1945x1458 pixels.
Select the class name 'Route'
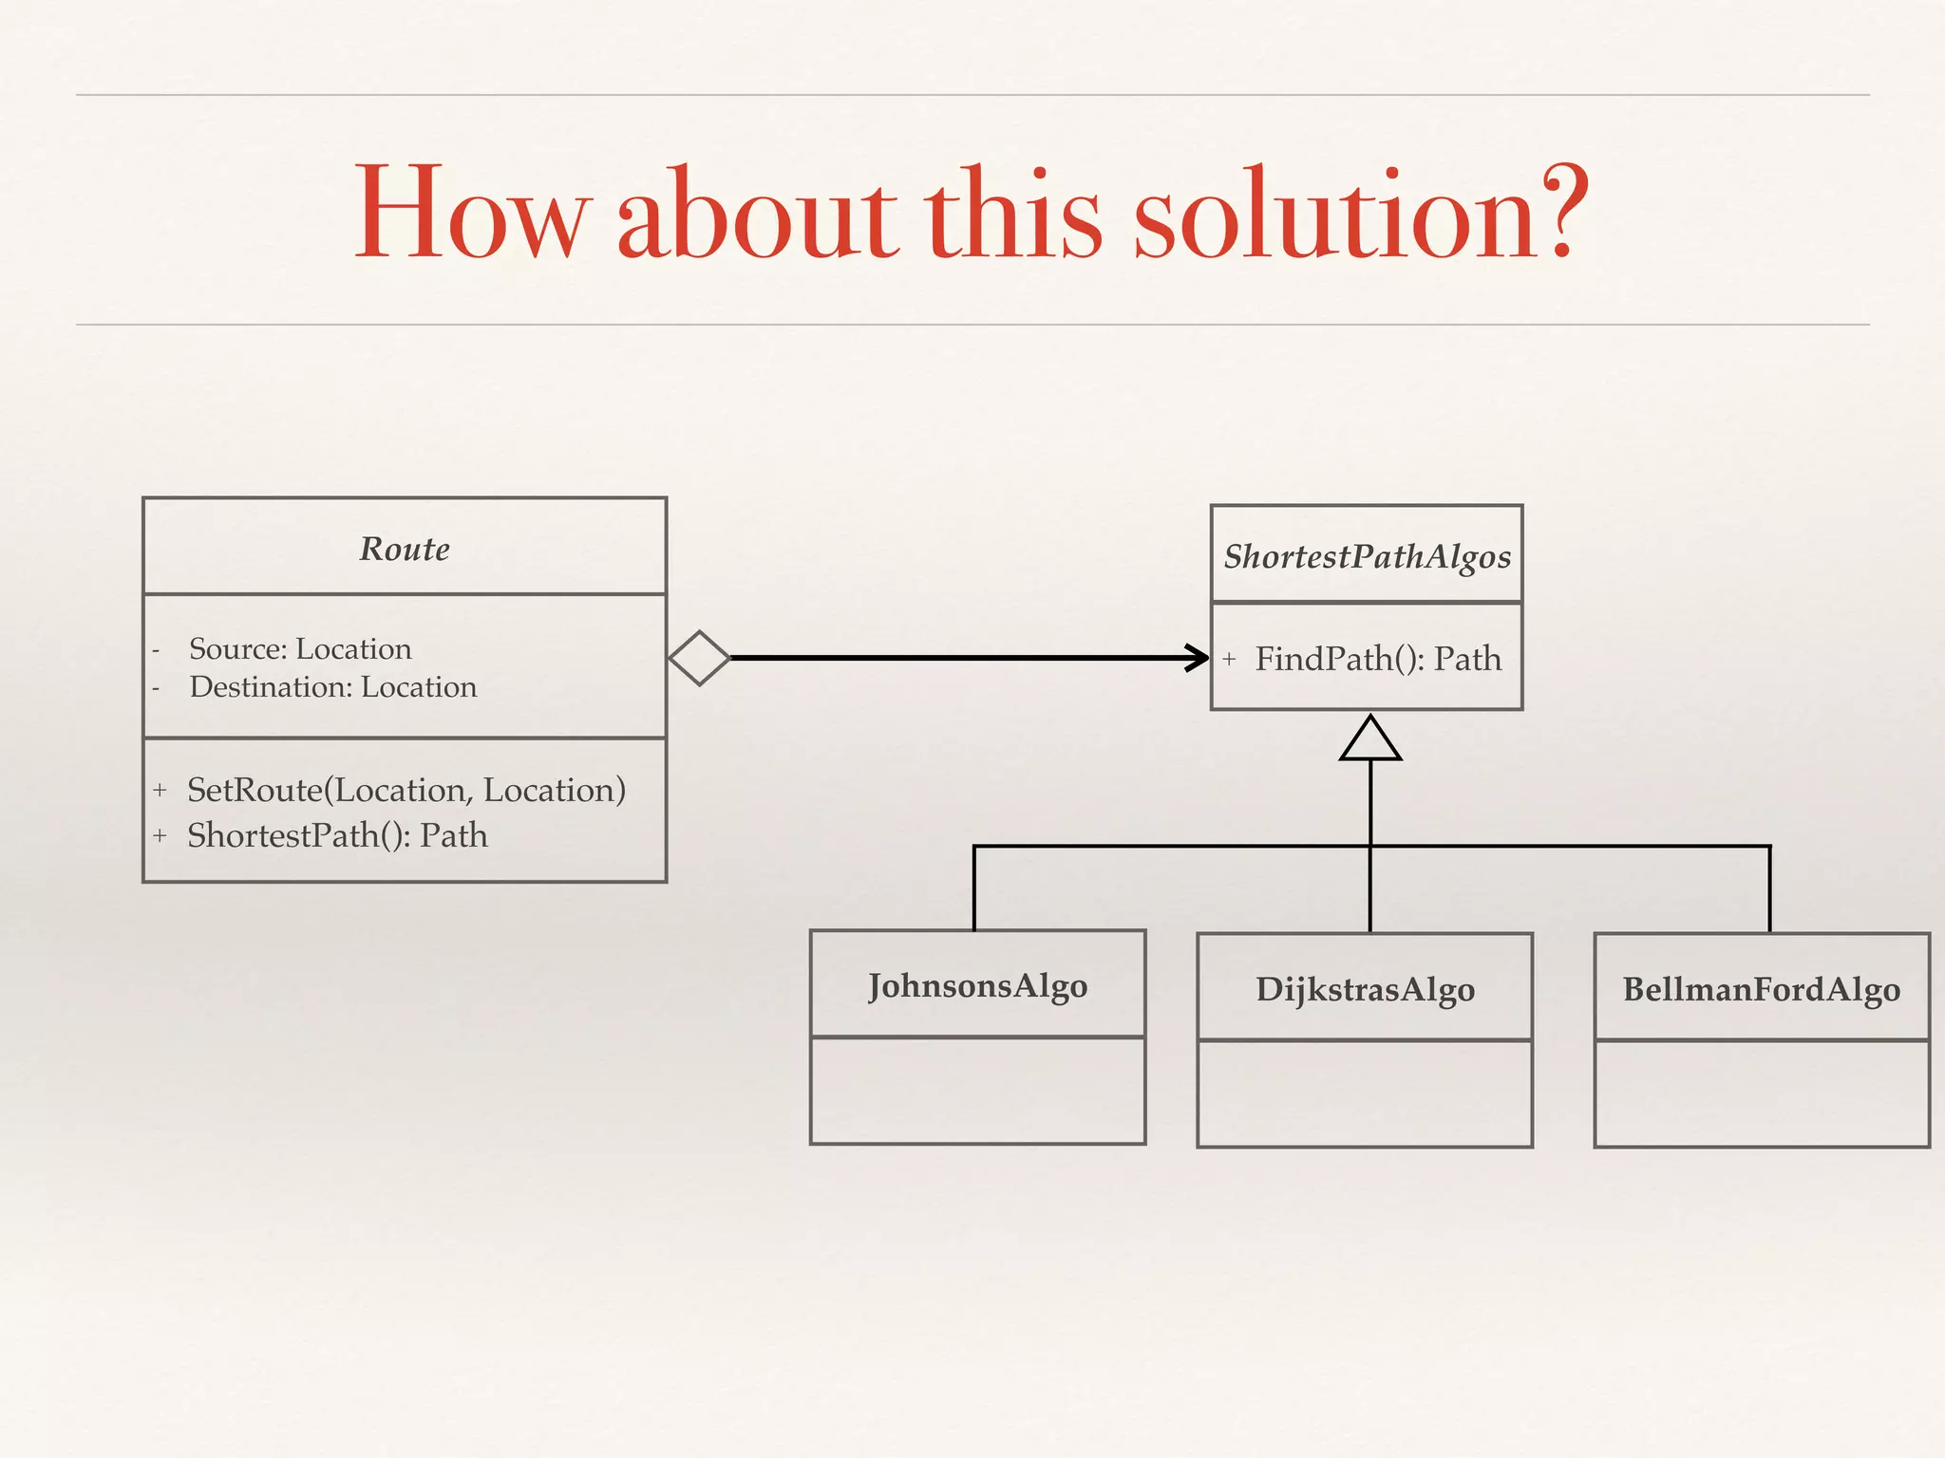coord(405,549)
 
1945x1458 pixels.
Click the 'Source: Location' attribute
coord(300,649)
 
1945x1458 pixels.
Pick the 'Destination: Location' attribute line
coord(332,687)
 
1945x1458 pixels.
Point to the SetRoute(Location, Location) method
coord(406,790)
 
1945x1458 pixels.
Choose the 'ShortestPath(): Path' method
coord(337,835)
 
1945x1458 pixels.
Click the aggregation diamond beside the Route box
coord(700,658)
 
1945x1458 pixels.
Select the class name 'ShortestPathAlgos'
coord(1367,556)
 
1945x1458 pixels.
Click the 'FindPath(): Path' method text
coord(1378,659)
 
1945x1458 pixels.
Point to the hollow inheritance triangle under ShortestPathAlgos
coord(1370,739)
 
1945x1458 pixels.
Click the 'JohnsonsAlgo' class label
coord(977,986)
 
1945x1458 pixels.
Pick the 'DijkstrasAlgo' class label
coord(1365,989)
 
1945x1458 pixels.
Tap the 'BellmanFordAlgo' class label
coord(1761,989)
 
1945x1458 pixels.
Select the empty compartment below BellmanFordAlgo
coord(1761,1093)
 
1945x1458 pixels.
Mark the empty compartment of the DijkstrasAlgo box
coord(1365,1093)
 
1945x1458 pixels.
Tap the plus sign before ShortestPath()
coord(160,836)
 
